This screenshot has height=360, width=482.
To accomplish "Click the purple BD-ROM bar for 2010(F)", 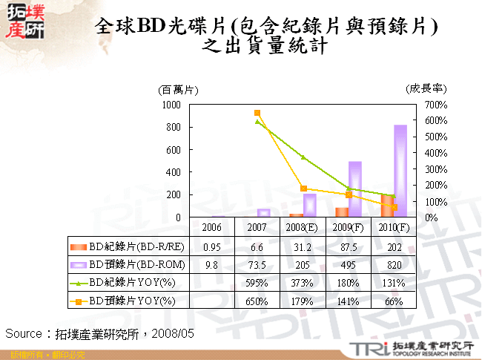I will [x=400, y=171].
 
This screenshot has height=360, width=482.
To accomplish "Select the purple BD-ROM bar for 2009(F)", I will [x=355, y=189].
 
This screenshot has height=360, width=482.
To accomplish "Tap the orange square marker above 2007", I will [x=257, y=113].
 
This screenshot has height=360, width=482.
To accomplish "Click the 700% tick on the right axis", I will [x=437, y=105].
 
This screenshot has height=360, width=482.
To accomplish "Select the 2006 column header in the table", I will [x=212, y=226].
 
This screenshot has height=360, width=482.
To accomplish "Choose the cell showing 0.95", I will [x=212, y=245].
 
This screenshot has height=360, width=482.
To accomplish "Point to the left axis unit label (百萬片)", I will [x=178, y=89].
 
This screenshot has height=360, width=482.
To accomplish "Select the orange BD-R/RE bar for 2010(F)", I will [x=388, y=206].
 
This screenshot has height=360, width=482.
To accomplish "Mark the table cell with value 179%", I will [x=301, y=301].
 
